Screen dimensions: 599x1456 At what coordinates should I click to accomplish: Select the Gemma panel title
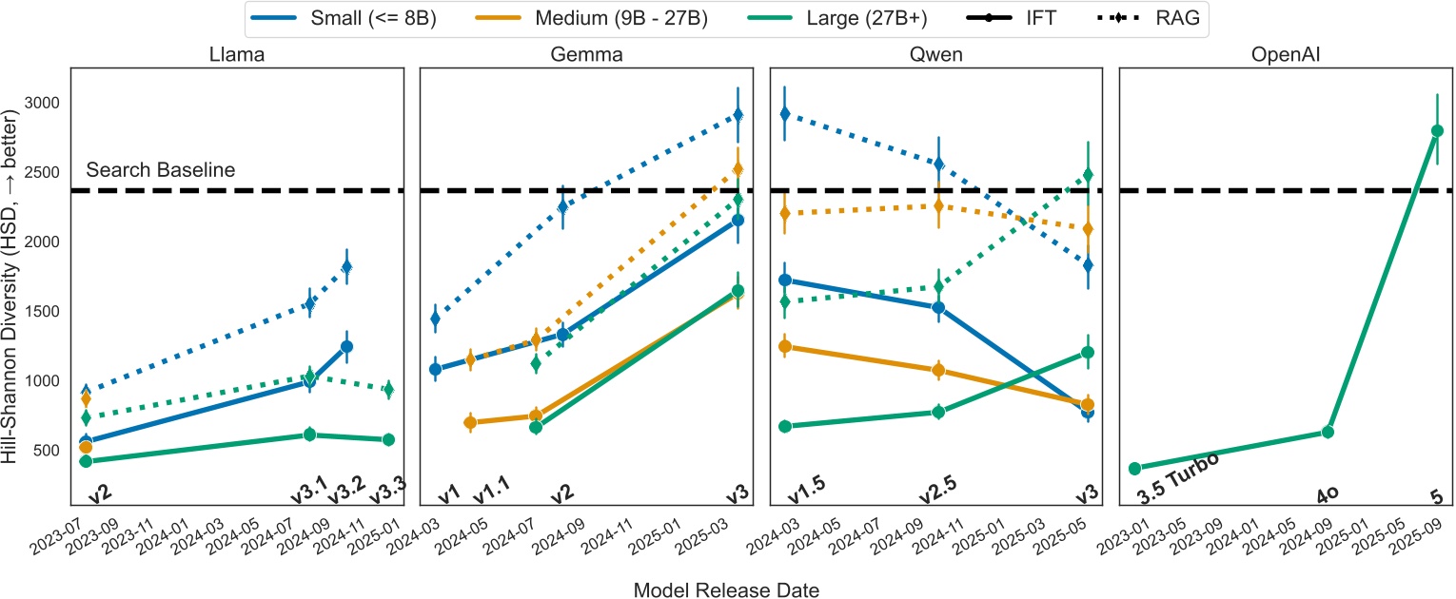[587, 54]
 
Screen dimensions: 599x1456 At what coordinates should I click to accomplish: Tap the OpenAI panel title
[1286, 54]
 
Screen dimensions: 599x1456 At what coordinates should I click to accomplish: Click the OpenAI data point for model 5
[1437, 131]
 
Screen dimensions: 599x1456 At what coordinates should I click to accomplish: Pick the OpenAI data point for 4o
[1328, 433]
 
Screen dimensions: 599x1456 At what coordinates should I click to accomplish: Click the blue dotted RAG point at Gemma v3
[737, 115]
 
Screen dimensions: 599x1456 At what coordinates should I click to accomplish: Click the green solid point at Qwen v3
[1088, 353]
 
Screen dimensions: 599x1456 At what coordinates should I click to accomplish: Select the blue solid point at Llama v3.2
[346, 347]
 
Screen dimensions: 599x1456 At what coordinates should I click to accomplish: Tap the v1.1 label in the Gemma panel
[492, 493]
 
